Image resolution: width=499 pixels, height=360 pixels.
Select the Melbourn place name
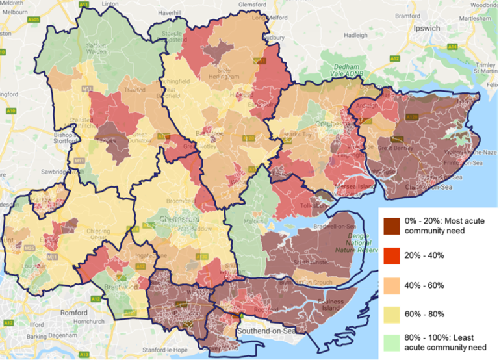(14, 13)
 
